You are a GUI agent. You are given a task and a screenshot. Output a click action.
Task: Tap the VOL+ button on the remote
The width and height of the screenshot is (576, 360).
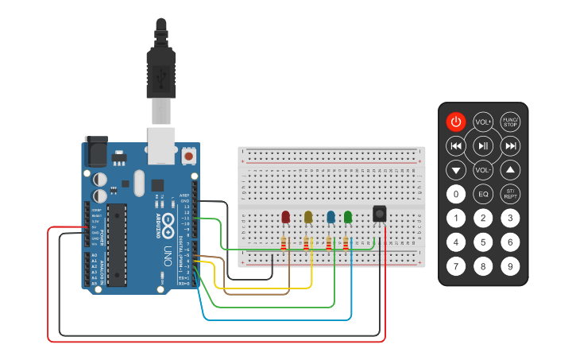pyautogui.click(x=483, y=122)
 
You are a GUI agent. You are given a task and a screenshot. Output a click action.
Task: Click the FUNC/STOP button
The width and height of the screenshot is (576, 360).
pyautogui.click(x=511, y=122)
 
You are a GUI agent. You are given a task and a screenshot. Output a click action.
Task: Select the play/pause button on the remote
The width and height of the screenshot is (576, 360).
pyautogui.click(x=483, y=146)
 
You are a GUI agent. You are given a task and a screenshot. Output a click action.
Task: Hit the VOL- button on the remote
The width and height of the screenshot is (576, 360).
pyautogui.click(x=483, y=170)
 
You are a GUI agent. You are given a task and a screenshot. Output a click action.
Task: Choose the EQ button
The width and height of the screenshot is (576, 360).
pyautogui.click(x=483, y=194)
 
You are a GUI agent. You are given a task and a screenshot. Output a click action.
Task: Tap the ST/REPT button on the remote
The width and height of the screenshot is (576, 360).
pyautogui.click(x=511, y=194)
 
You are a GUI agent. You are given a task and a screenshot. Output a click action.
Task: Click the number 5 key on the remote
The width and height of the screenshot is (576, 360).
pyautogui.click(x=483, y=242)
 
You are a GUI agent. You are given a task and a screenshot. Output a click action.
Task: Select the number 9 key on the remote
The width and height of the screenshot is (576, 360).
pyautogui.click(x=511, y=267)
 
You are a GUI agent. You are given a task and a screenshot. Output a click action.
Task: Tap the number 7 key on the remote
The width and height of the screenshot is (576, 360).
pyautogui.click(x=455, y=267)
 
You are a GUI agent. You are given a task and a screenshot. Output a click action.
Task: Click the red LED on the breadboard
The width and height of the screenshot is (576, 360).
pyautogui.click(x=286, y=217)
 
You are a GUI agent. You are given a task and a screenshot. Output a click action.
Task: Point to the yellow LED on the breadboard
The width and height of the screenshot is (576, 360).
pyautogui.click(x=308, y=217)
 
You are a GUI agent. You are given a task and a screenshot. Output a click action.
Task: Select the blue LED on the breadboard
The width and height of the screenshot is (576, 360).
pyautogui.click(x=331, y=217)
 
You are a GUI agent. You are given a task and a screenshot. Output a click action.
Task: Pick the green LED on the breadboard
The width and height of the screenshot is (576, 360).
pyautogui.click(x=347, y=217)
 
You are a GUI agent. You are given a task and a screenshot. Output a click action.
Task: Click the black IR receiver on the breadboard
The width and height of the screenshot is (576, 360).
pyautogui.click(x=380, y=213)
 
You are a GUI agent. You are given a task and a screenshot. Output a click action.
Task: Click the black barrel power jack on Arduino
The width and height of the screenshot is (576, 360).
pyautogui.click(x=95, y=149)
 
